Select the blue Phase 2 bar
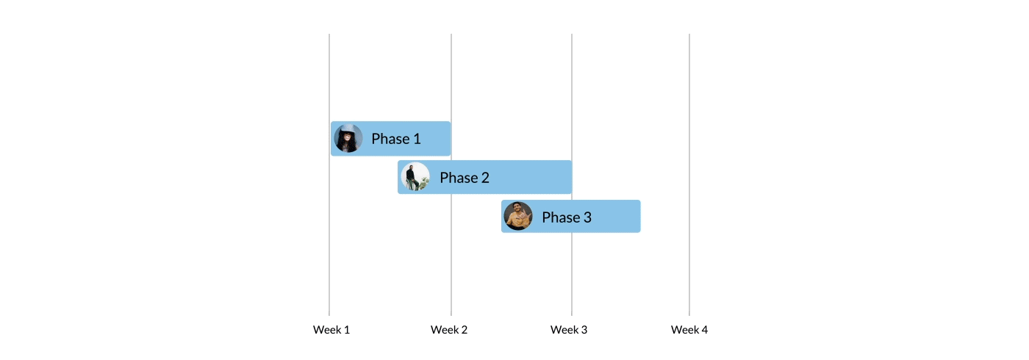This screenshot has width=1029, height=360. point(529,177)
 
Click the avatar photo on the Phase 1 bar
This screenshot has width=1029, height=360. point(348,138)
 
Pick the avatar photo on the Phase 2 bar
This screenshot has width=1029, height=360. point(415,177)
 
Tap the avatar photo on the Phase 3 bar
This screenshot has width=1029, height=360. point(518,216)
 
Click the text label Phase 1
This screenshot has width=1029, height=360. point(396,138)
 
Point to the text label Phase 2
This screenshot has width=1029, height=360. point(465,177)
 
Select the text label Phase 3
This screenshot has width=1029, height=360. point(567,217)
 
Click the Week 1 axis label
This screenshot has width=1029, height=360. point(331,330)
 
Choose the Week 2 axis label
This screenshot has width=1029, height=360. point(449,330)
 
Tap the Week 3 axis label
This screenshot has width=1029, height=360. point(569,330)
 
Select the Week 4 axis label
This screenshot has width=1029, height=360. point(689,330)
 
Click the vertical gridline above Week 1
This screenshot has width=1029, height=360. point(329,73)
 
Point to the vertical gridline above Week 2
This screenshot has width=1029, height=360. point(451,73)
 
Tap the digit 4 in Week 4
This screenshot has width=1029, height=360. point(704,330)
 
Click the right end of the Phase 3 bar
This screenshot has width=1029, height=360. point(637,216)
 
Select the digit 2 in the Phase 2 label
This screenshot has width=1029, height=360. point(485,177)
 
